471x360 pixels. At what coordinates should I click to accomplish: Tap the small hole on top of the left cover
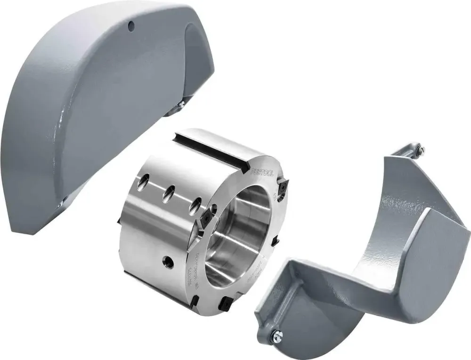(x=131, y=24)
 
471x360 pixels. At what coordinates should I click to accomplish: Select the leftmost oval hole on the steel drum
(x=144, y=181)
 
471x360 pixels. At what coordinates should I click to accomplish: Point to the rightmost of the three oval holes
(x=195, y=205)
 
